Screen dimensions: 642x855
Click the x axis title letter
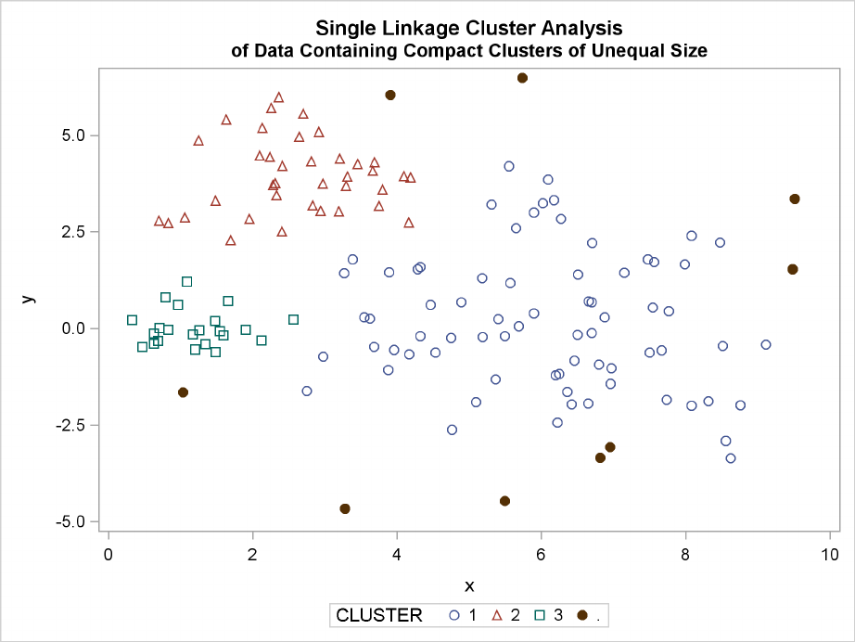469,585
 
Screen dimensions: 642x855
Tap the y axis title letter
29,299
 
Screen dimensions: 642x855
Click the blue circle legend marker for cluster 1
454,615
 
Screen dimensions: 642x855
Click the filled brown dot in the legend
582,615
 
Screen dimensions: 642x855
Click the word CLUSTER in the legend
378,615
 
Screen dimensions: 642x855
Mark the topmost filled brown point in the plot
522,78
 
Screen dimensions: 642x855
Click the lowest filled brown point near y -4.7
345,508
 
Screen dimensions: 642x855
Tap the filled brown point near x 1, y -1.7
183,392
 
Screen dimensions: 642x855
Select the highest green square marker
186,281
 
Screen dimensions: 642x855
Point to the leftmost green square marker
132,320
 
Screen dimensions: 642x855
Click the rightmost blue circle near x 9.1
766,344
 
